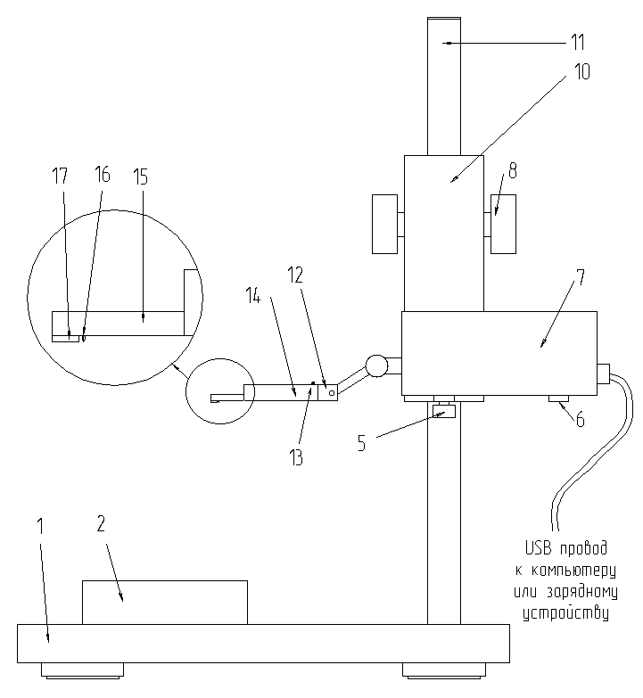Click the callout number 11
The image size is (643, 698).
point(578,43)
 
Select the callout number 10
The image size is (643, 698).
point(582,71)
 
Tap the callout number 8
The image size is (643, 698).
point(513,170)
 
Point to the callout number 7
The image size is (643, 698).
point(581,278)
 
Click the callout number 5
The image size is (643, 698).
point(361,443)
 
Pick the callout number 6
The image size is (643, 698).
point(581,419)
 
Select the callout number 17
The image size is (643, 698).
point(60,176)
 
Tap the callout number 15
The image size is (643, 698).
point(140,177)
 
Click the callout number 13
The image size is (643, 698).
point(296,457)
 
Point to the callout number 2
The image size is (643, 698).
point(101,524)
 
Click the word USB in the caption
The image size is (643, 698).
point(539,548)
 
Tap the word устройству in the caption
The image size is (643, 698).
point(565,613)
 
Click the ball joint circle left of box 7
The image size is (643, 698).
point(377,365)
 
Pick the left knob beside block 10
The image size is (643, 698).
point(384,224)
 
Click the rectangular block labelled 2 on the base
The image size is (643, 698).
point(165,603)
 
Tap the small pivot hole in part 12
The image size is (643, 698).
point(332,392)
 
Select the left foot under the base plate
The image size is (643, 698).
point(82,671)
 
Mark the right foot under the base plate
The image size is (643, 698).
point(444,671)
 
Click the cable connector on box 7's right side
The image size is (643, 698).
point(604,374)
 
